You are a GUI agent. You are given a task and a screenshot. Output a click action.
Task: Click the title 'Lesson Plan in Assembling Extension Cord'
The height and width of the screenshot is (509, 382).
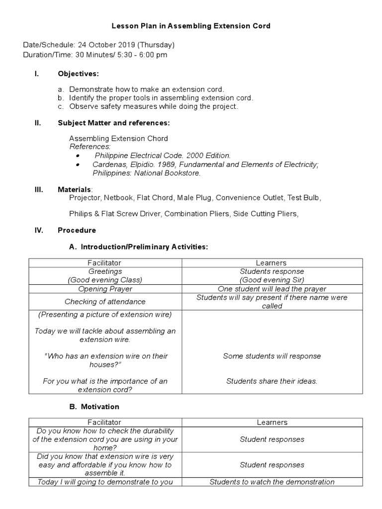click(x=191, y=26)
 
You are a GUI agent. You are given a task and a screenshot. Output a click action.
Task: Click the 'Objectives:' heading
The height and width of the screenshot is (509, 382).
click(x=78, y=74)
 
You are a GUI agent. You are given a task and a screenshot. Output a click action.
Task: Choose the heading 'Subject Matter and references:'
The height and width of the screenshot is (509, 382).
click(x=113, y=122)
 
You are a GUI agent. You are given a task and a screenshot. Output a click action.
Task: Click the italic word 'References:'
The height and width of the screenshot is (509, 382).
click(x=90, y=147)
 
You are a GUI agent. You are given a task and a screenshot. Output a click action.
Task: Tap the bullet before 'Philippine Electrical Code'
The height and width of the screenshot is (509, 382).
click(x=79, y=156)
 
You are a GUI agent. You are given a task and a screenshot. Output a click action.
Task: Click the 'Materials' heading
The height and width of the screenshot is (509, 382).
click(x=75, y=189)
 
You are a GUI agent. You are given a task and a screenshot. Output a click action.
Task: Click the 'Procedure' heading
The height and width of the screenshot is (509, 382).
click(x=77, y=231)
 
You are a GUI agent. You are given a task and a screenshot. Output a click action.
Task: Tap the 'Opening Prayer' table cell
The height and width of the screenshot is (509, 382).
click(x=105, y=289)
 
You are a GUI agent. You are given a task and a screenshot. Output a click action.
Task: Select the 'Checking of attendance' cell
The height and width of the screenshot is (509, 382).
click(x=105, y=302)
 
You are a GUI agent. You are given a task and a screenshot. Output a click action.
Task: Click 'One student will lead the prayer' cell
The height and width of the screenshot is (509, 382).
click(x=272, y=289)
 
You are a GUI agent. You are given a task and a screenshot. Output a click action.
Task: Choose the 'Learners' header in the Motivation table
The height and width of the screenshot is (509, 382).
click(x=272, y=423)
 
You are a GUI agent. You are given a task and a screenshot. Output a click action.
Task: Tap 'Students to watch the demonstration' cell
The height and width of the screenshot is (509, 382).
click(x=272, y=482)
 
